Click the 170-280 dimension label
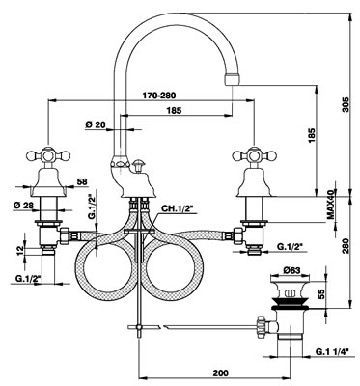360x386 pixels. [x=159, y=96]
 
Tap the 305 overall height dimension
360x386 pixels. [x=346, y=104]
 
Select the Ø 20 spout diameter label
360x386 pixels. [x=96, y=124]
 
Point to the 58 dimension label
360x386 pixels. [x=82, y=181]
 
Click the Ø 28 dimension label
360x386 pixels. [x=24, y=205]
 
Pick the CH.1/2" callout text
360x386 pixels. [x=177, y=208]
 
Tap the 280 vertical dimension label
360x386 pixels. [x=346, y=246]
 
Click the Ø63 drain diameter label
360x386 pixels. [x=291, y=270]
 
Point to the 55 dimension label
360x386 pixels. [x=320, y=293]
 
